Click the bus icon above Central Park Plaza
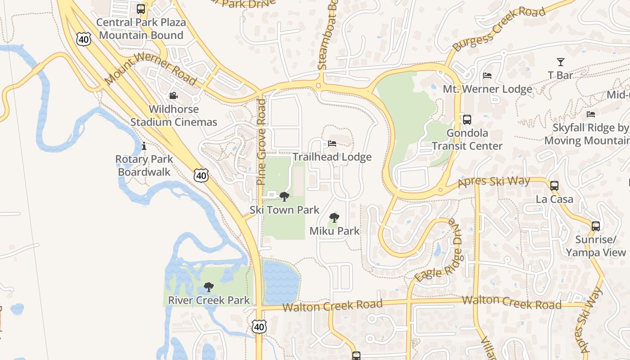[141, 9]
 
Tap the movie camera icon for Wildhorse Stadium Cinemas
[173, 96]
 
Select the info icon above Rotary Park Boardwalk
[144, 146]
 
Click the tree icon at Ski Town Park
[284, 197]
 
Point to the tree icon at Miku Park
[334, 218]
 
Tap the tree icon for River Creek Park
[208, 287]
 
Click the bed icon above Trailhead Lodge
[332, 144]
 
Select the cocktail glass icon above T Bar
[560, 62]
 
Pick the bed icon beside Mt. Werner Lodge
[487, 76]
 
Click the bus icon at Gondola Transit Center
[467, 120]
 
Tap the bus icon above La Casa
[554, 185]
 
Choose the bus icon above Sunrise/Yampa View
[596, 226]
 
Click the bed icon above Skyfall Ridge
[591, 114]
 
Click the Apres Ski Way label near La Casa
[494, 182]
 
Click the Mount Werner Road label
[150, 69]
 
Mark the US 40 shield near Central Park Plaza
[84, 40]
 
